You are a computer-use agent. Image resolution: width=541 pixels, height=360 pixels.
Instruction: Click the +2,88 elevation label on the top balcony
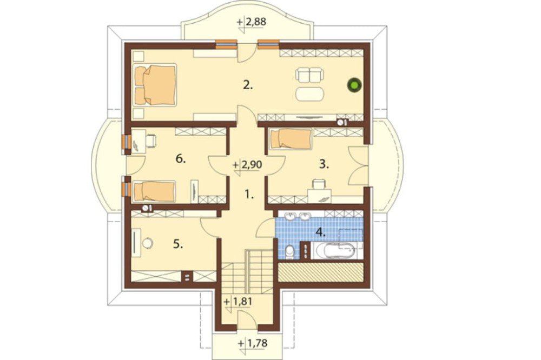tap(252, 22)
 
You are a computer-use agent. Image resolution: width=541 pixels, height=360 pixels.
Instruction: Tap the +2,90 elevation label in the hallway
tap(247, 165)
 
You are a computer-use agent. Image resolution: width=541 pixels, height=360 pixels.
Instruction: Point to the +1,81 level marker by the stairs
tap(238, 302)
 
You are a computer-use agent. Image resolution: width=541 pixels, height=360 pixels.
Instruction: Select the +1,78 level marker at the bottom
tap(253, 343)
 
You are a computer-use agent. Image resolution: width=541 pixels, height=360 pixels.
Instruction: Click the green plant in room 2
tap(354, 85)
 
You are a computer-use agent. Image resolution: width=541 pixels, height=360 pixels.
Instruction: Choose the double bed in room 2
tap(155, 85)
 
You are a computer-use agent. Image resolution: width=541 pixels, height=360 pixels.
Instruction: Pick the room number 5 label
tap(178, 244)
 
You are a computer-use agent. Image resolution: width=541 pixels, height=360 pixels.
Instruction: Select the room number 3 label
tap(324, 164)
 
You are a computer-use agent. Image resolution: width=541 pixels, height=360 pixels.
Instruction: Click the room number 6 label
tap(181, 159)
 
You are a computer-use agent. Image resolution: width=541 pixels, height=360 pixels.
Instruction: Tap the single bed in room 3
tap(291, 139)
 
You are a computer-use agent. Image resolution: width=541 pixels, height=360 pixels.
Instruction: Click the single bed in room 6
tap(154, 191)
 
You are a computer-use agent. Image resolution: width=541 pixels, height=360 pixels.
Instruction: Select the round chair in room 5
tap(147, 243)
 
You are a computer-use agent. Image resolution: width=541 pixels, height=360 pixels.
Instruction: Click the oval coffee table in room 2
tap(309, 94)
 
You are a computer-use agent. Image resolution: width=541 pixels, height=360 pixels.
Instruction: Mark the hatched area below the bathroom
tap(321, 272)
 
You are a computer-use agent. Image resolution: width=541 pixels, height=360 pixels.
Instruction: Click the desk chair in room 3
tap(319, 184)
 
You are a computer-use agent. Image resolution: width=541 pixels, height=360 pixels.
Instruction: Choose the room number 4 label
tap(320, 232)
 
